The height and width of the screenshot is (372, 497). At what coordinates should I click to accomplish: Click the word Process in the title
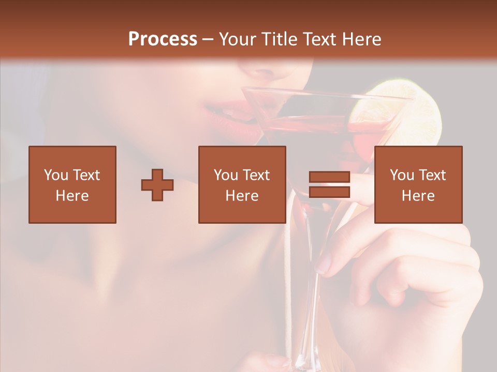pyautogui.click(x=163, y=39)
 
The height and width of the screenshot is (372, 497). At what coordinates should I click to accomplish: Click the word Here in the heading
pyautogui.click(x=362, y=39)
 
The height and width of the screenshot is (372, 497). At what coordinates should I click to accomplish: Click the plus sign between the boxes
pyautogui.click(x=157, y=184)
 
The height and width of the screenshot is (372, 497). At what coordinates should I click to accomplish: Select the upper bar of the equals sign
pyautogui.click(x=329, y=177)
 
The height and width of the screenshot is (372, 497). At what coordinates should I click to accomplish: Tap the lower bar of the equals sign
pyautogui.click(x=329, y=192)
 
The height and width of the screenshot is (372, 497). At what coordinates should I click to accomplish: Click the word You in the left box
pyautogui.click(x=56, y=175)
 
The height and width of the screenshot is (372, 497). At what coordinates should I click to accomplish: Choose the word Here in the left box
pyautogui.click(x=72, y=196)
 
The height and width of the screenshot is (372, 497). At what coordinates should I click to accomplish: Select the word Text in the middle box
pyautogui.click(x=256, y=175)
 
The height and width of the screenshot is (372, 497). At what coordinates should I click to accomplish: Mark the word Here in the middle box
pyautogui.click(x=242, y=196)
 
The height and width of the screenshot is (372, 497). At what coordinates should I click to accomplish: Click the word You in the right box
pyautogui.click(x=402, y=175)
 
